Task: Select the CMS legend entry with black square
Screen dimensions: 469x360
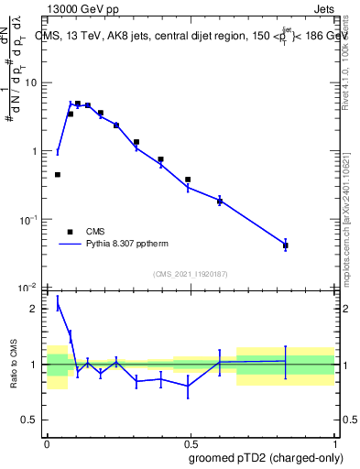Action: point(90,232)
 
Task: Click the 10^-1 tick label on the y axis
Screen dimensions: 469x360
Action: point(29,220)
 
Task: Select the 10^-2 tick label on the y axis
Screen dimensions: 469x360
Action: point(29,289)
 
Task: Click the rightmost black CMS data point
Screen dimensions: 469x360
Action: point(286,245)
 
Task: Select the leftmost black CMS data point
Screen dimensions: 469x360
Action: point(58,174)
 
